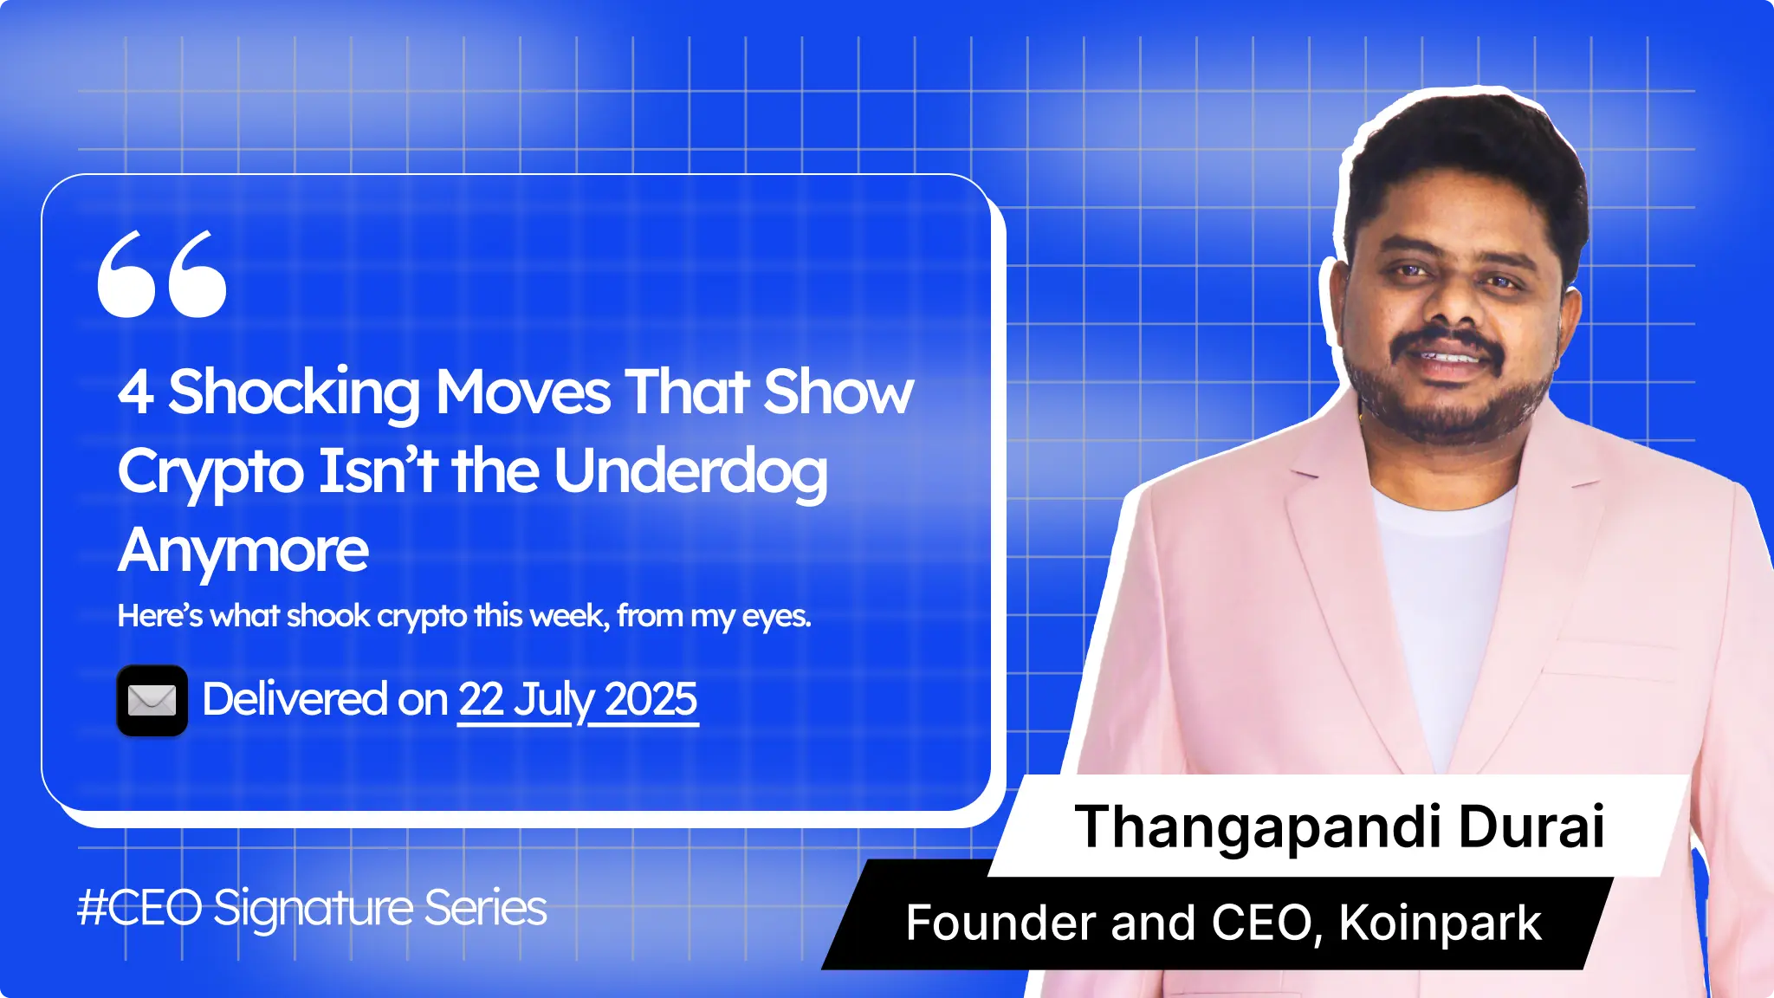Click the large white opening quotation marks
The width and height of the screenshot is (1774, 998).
point(162,274)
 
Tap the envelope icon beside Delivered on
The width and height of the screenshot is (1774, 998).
point(152,700)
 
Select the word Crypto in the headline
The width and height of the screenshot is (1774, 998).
point(210,473)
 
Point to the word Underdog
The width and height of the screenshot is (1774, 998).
point(690,473)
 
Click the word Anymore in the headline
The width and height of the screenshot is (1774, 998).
point(243,552)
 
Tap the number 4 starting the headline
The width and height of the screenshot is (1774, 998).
point(135,392)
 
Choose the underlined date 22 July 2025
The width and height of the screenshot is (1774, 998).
point(578,700)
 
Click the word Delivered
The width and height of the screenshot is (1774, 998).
point(295,699)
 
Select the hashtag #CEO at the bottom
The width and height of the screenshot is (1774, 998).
point(139,909)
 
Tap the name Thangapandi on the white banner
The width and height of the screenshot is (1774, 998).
point(1257,827)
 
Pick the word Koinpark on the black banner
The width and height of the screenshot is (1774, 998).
point(1440,923)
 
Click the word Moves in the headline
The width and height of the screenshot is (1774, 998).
point(524,392)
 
